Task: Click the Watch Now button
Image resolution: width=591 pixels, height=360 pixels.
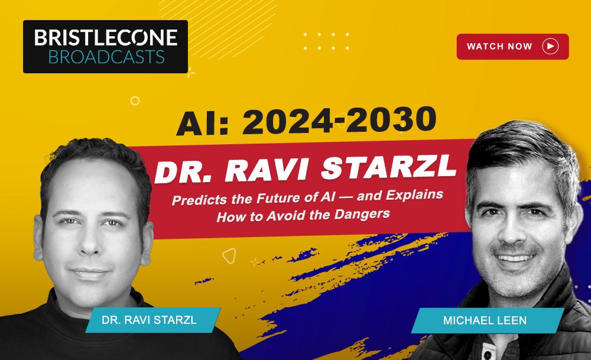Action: [x=512, y=46]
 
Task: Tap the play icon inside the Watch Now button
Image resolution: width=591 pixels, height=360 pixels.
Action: [x=550, y=46]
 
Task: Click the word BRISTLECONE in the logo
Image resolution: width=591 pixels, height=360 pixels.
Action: [x=106, y=38]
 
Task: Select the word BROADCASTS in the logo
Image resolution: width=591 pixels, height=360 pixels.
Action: [x=106, y=57]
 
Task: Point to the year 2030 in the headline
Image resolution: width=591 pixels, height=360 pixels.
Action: [x=391, y=119]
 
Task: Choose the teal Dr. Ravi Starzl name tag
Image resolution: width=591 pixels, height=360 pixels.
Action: [x=152, y=320]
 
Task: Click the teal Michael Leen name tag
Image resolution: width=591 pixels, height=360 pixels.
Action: [x=488, y=320]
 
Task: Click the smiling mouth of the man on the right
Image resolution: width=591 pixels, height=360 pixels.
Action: [x=515, y=258]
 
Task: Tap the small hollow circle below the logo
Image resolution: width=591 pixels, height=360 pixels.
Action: [x=135, y=100]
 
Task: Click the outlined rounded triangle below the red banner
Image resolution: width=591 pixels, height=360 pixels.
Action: [x=229, y=256]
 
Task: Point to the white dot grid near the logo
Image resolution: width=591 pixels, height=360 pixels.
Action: [x=326, y=41]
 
